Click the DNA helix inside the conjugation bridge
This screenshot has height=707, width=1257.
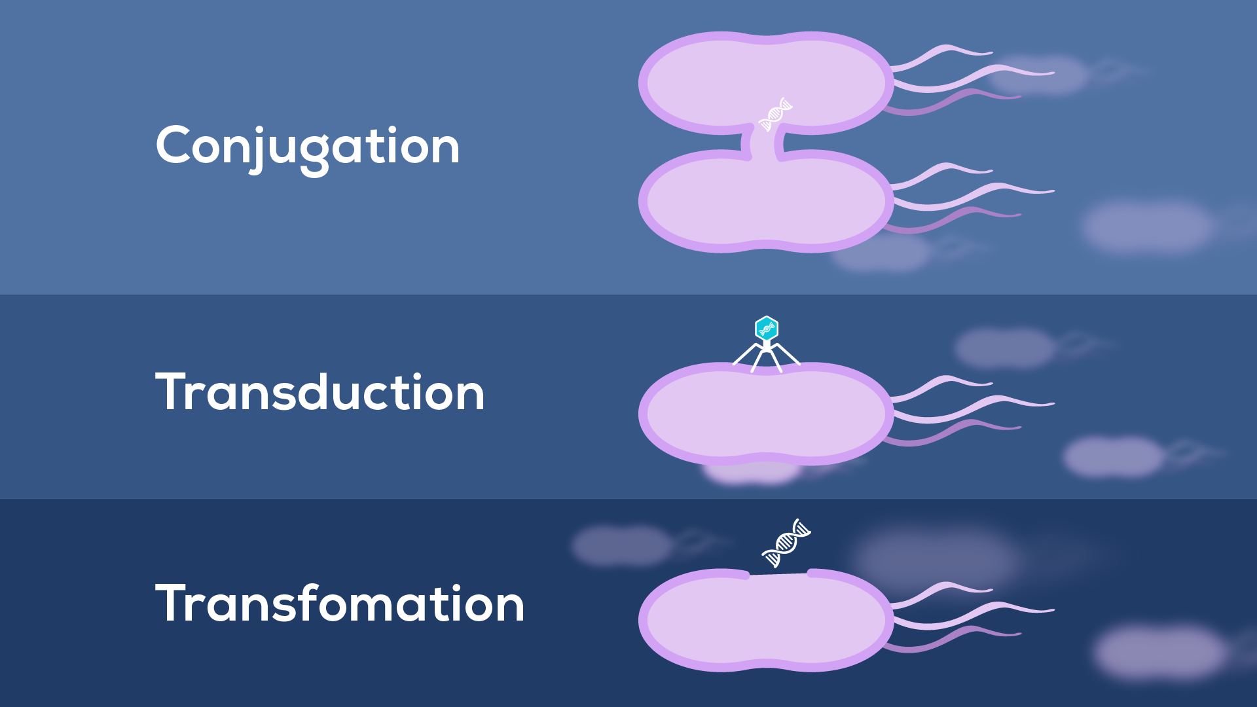[775, 114]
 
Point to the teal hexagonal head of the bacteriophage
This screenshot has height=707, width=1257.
[766, 328]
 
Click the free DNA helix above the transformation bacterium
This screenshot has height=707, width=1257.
[786, 543]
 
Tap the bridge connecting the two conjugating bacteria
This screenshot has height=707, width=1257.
[765, 143]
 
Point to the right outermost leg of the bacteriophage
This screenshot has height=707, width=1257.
[789, 354]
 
